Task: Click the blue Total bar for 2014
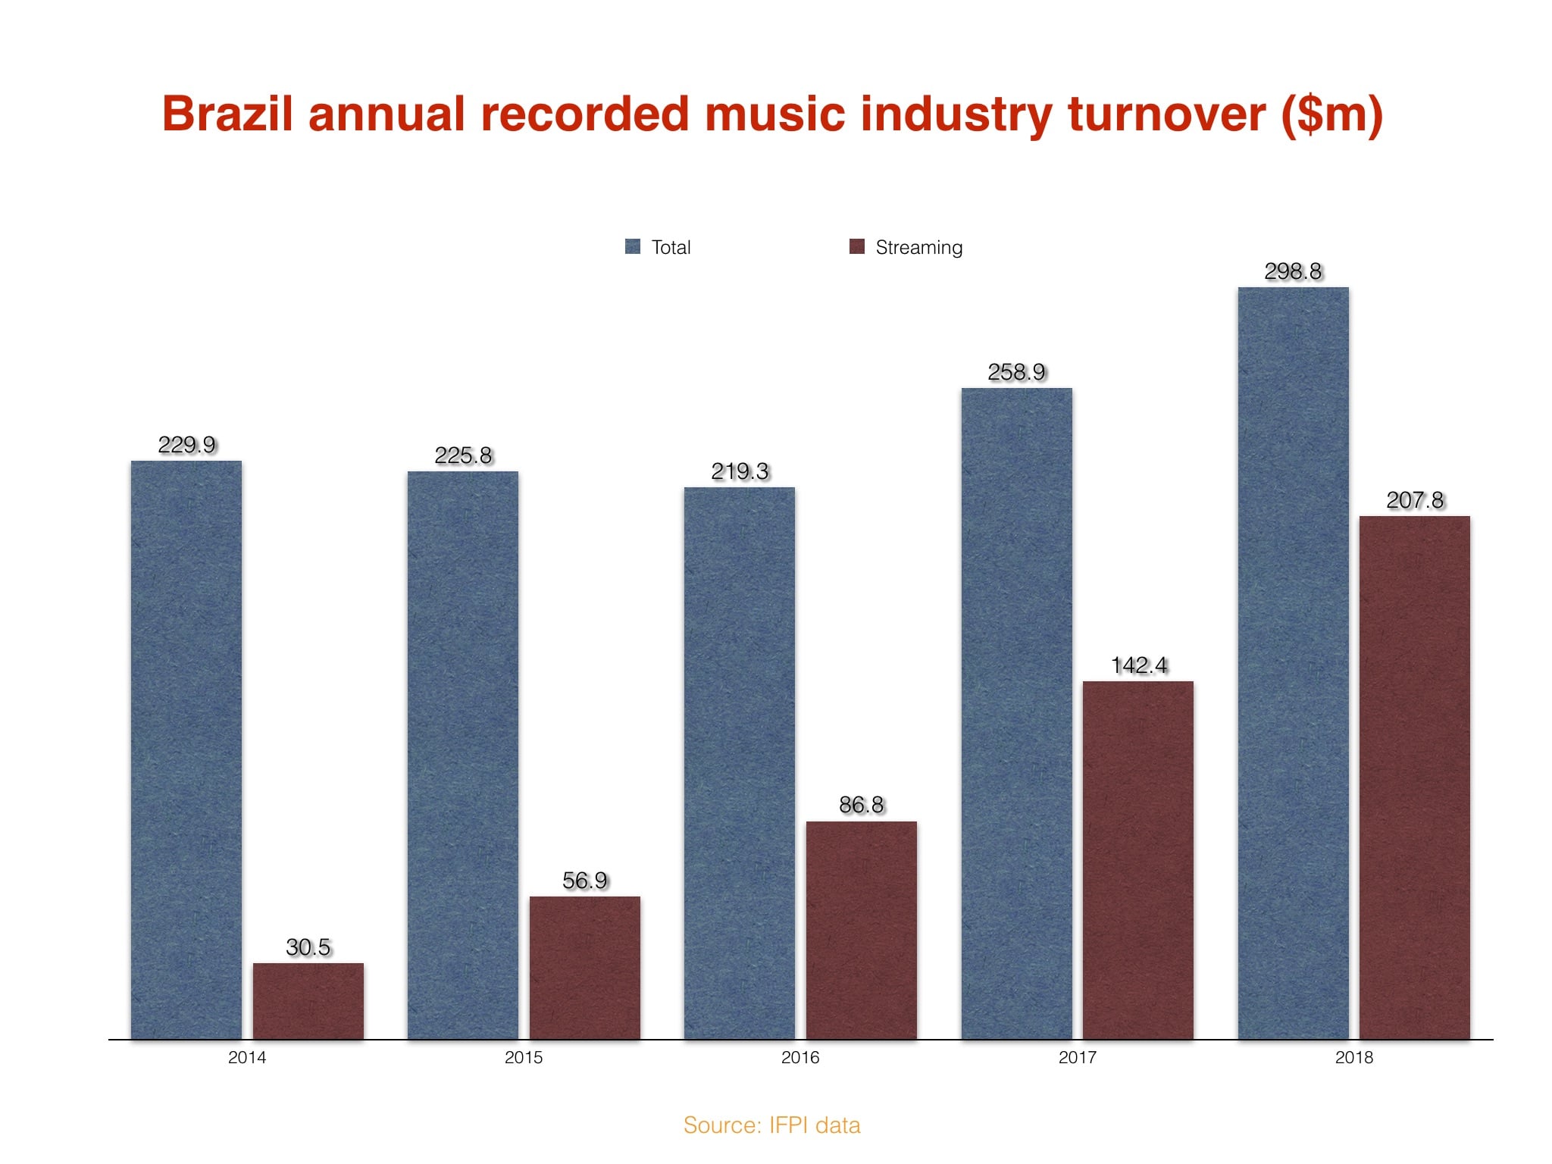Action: [186, 749]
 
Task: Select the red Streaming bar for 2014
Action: [308, 1000]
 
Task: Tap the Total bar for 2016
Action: [740, 762]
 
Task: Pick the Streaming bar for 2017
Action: [1137, 860]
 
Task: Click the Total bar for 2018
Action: [1293, 662]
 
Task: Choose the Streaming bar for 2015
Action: [584, 967]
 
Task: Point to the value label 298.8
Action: [1293, 271]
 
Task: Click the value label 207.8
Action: [1415, 500]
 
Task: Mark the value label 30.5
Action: [308, 947]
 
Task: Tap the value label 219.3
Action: [740, 471]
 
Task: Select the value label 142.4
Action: [1138, 665]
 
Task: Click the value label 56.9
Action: [584, 881]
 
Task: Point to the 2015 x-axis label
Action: [524, 1057]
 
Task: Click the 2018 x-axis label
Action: [1353, 1057]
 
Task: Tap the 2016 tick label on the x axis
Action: [800, 1057]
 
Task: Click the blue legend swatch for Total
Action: [633, 246]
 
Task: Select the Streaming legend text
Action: [918, 247]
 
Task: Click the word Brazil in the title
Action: [227, 114]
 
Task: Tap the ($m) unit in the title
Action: [1331, 116]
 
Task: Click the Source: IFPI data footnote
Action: [771, 1125]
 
